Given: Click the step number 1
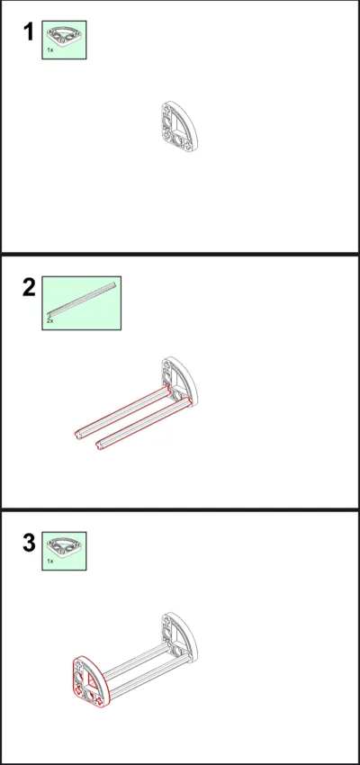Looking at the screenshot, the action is tap(29, 32).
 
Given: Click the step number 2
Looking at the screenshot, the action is tap(30, 288).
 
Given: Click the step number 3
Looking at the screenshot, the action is tap(30, 544).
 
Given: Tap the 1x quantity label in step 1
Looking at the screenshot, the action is tap(50, 49).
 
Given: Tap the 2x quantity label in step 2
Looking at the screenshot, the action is tap(50, 321).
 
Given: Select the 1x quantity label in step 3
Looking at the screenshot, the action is tap(50, 561).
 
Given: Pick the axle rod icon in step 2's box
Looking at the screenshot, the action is tap(82, 300).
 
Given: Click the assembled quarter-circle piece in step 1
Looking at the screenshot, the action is tap(178, 126).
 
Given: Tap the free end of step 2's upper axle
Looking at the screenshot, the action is tap(78, 434).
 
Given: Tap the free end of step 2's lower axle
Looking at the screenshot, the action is tap(100, 445).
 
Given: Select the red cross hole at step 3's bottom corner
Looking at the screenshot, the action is tap(99, 702).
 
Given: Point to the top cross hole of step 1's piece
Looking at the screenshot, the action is tap(167, 108).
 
